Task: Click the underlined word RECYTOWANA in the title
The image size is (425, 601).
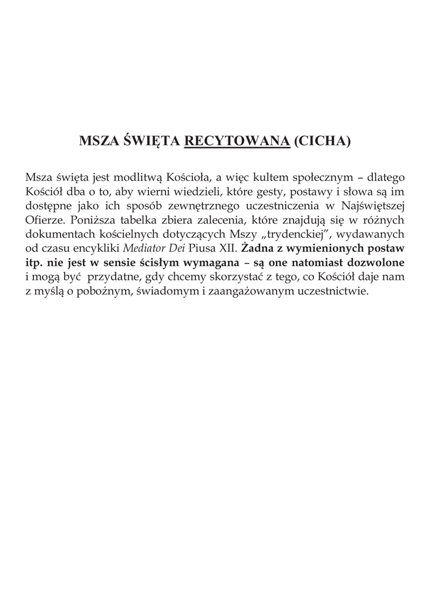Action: (x=238, y=142)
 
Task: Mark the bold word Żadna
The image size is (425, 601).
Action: (x=257, y=249)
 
